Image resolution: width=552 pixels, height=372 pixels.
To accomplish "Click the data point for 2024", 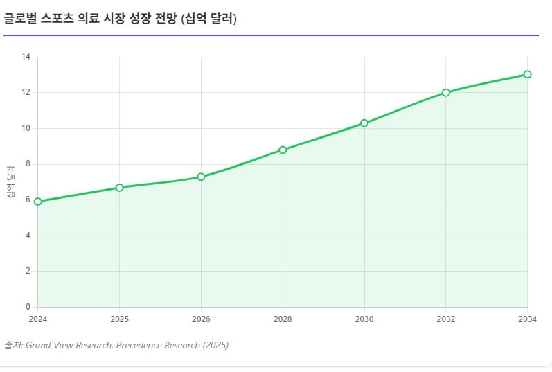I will [37, 202].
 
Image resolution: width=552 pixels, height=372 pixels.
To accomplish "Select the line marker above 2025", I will [119, 187].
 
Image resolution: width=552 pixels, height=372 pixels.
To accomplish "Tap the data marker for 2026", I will [201, 177].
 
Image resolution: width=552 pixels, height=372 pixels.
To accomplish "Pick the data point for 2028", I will [283, 150].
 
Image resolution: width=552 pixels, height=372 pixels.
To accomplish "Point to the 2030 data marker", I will [364, 123].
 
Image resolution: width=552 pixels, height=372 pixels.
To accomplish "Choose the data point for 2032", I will [446, 92].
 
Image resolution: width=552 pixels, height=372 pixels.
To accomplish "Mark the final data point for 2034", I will [527, 74].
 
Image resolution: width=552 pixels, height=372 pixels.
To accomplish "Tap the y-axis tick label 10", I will [26, 128].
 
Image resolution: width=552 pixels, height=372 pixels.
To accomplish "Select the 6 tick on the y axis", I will [28, 200].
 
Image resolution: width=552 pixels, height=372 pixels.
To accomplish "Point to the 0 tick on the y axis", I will [28, 307].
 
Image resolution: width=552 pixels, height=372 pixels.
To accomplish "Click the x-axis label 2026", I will [201, 319].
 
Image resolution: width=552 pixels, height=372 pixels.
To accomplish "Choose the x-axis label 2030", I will [364, 319].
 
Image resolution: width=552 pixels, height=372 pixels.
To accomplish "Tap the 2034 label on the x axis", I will [527, 319].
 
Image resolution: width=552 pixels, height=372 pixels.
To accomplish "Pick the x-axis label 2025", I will [119, 319].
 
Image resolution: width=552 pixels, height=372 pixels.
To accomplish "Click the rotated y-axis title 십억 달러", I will [11, 182].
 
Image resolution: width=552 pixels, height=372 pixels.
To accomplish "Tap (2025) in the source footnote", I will [215, 345].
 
